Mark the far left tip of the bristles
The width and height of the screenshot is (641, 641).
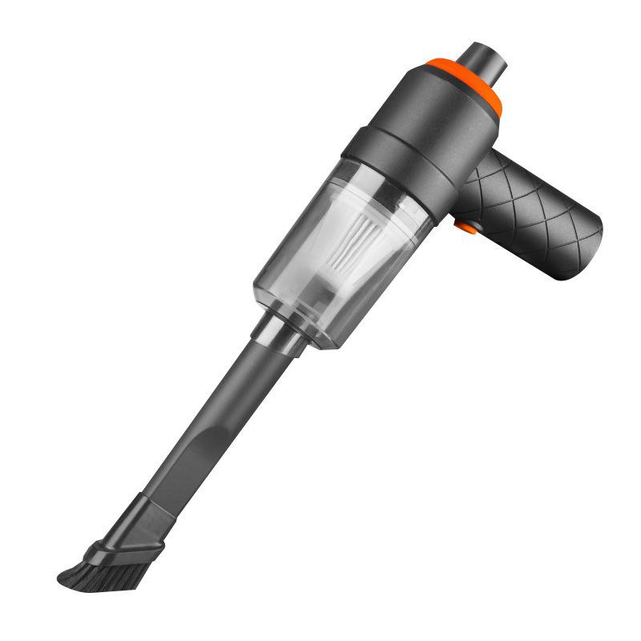60,576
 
